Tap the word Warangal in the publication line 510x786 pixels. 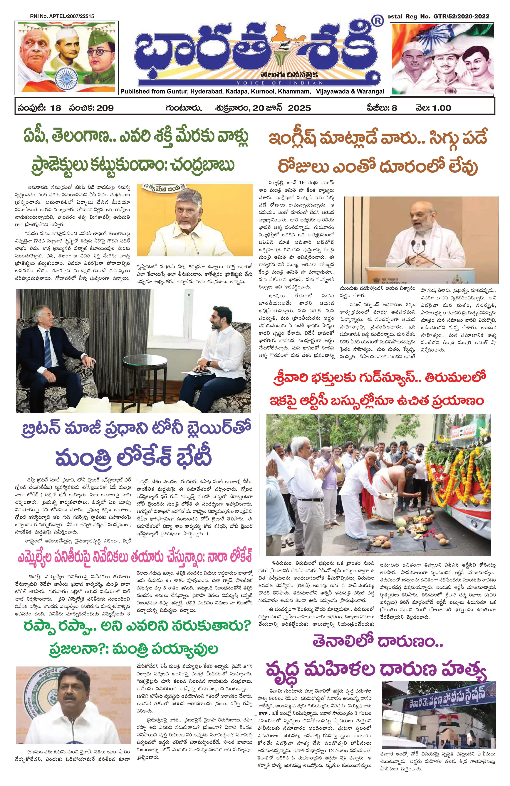tap(370, 92)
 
